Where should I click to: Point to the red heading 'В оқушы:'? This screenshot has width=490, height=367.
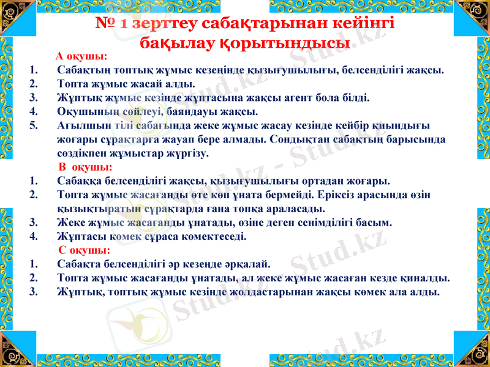click(x=85, y=166)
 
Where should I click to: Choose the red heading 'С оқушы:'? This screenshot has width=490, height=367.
click(x=85, y=250)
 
